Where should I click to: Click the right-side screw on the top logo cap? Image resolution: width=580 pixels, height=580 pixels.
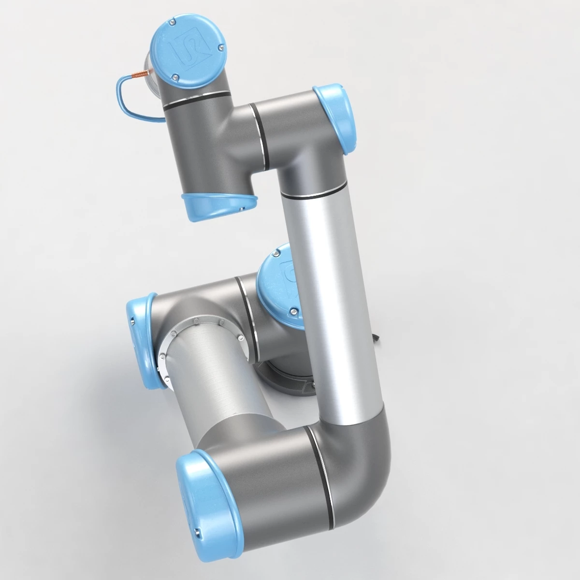point(220,47)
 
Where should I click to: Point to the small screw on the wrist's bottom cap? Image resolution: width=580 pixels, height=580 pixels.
point(240,209)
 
